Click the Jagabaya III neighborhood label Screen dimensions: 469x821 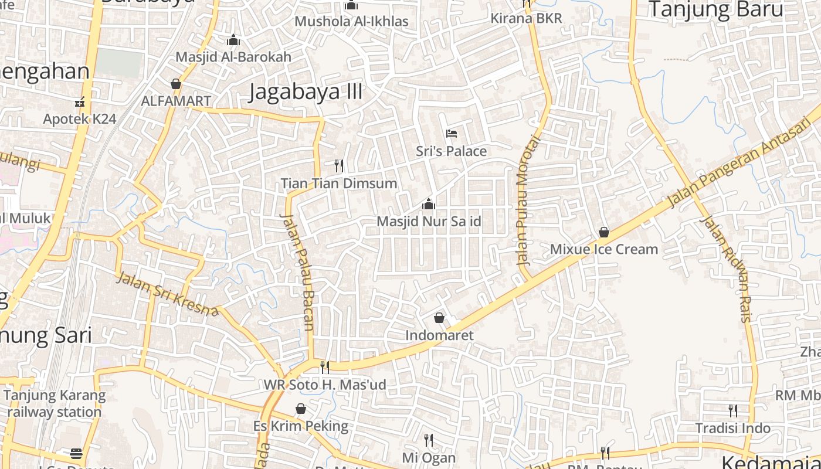[305, 92]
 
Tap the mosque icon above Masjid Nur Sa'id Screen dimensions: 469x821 [429, 204]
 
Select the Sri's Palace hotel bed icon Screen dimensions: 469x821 [452, 134]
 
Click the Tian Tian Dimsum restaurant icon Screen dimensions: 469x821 [338, 165]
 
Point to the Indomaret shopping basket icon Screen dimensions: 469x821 [439, 318]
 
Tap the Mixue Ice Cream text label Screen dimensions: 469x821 [603, 249]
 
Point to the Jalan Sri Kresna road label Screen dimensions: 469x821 [167, 293]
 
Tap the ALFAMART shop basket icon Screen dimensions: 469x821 [175, 84]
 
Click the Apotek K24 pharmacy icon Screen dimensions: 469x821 [80, 102]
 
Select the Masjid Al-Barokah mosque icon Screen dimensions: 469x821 [233, 40]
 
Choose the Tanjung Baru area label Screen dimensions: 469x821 [715, 9]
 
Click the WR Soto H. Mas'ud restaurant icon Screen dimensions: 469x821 [324, 368]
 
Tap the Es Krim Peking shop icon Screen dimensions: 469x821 [301, 408]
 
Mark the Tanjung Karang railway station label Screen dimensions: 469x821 [55, 403]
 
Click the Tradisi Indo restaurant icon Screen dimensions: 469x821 [732, 410]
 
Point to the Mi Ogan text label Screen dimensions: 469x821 [429, 458]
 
